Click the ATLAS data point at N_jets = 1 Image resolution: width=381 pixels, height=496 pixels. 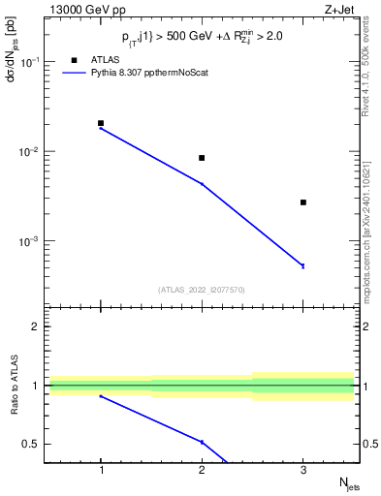click(101, 123)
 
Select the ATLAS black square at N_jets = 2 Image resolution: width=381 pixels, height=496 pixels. click(202, 158)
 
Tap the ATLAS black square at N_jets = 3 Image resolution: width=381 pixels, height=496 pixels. click(303, 202)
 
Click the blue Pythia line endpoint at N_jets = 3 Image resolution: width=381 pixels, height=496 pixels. click(303, 265)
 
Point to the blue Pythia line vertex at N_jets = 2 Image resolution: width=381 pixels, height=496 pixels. click(202, 183)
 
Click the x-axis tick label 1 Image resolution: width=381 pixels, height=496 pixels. click(101, 470)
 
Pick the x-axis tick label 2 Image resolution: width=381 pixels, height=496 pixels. click(202, 470)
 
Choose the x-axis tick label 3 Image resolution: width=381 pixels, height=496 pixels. click(303, 470)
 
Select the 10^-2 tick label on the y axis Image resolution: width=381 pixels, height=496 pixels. click(30, 152)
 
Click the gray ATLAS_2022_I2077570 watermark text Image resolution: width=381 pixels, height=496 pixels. click(202, 289)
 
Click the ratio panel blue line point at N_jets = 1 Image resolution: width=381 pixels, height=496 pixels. click(101, 396)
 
